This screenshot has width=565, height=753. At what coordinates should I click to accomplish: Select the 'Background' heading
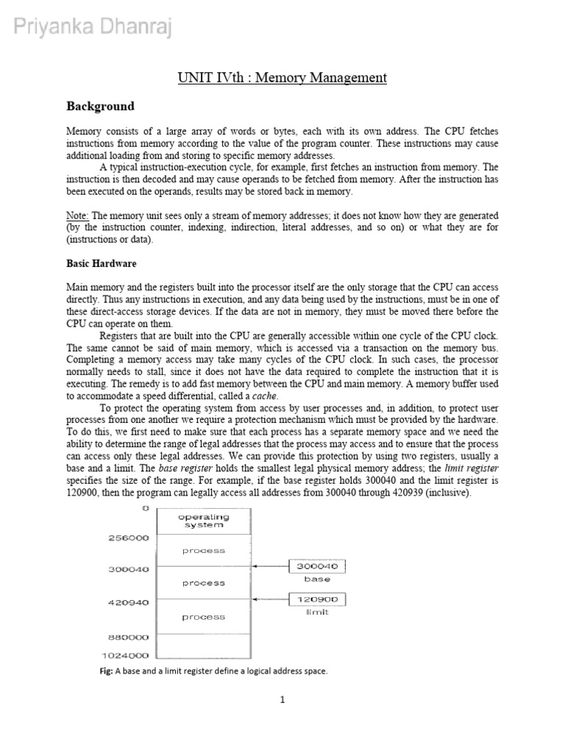[100, 107]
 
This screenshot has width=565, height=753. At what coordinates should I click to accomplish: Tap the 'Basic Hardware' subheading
[102, 263]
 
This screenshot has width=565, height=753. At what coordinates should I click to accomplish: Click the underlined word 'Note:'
[78, 215]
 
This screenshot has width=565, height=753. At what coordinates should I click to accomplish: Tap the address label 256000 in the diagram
[129, 538]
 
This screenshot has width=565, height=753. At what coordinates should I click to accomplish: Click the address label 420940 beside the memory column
[129, 602]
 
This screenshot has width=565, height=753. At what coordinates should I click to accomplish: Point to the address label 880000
[129, 637]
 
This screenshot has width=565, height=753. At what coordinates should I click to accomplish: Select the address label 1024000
[126, 655]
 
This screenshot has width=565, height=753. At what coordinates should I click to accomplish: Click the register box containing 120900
[318, 599]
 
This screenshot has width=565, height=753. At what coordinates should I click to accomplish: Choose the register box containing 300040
[318, 566]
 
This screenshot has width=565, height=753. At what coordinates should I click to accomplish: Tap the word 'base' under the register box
[317, 579]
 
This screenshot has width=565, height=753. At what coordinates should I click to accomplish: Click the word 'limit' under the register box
[317, 612]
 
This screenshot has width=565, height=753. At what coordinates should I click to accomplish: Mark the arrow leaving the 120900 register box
[272, 599]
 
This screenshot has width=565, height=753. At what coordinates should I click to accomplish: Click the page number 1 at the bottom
[282, 700]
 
